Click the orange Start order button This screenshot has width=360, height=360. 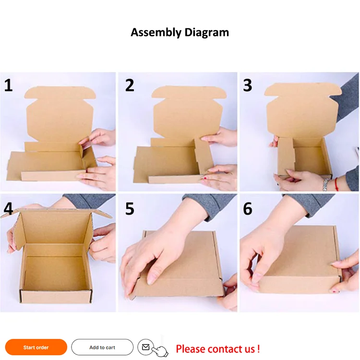coord(36,347)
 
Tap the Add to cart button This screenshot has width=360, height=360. coord(102,347)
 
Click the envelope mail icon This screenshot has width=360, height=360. coord(146,347)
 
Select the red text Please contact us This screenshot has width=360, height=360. coord(217,348)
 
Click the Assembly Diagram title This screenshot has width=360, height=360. coord(180,33)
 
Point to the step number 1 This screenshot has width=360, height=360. coord(8,85)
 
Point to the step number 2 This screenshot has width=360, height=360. coord(129,85)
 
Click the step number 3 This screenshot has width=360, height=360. coord(247,85)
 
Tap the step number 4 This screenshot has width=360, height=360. coord(8,209)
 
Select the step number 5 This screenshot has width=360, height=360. coord(129,209)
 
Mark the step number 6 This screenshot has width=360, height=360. coord(247,209)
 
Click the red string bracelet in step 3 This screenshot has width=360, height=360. coord(337,184)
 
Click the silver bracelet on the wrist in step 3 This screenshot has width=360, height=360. coord(326,183)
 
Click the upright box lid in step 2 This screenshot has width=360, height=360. coord(187,113)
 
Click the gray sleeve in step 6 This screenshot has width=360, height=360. coord(312,204)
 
